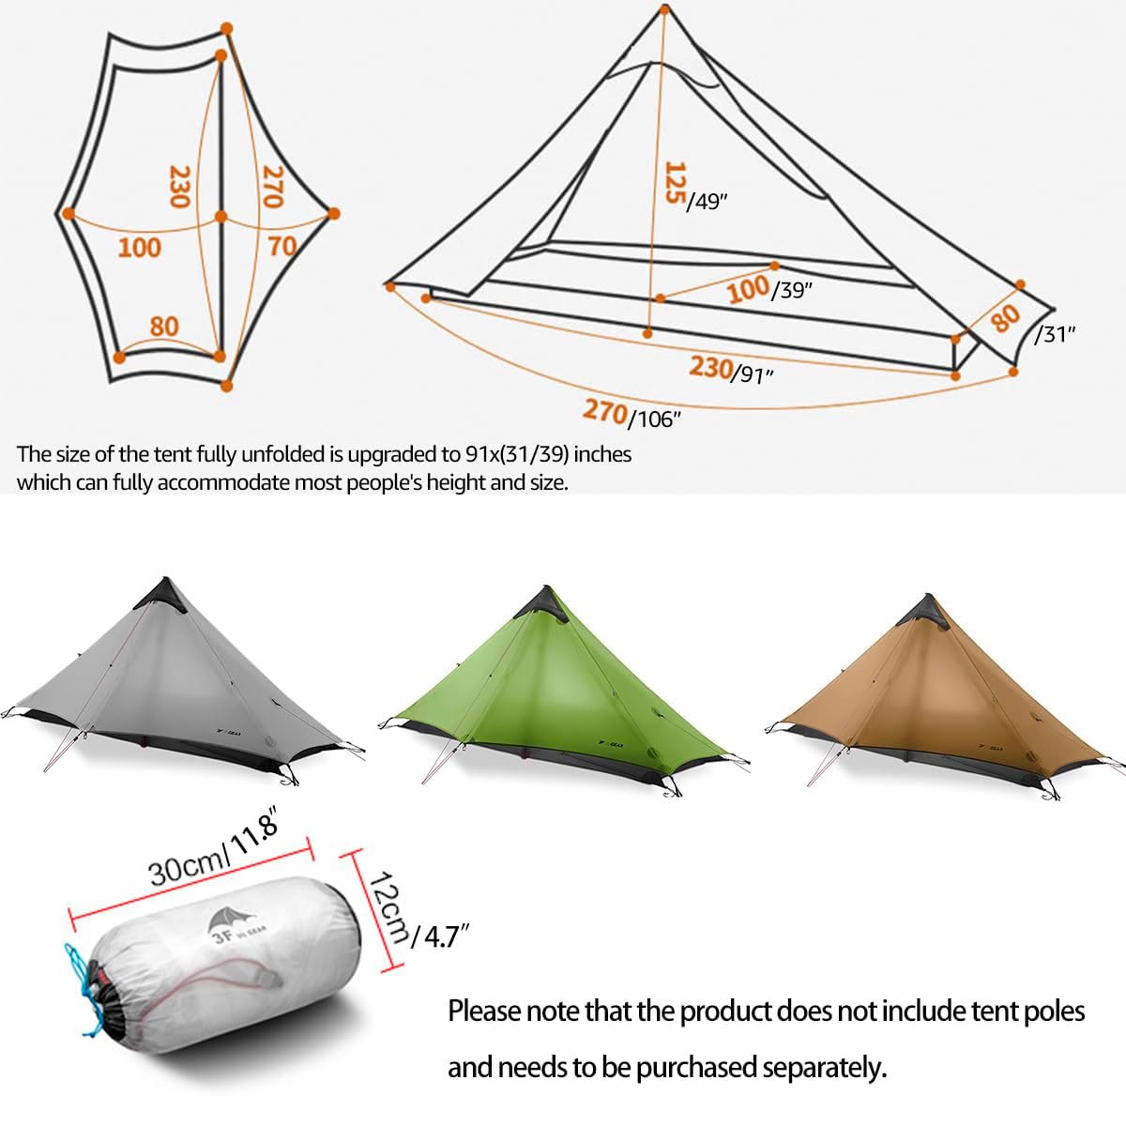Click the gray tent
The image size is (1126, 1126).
pos(175,684)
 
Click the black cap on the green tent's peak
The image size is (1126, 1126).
pos(542,605)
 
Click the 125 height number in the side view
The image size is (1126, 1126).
pos(675,182)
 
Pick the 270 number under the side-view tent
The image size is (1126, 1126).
pos(604,411)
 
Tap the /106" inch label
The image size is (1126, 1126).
pos(654,418)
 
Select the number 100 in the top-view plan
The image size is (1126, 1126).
pos(139,248)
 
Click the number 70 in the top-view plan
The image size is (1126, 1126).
pos(282,246)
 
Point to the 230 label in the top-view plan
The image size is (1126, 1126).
pos(179,187)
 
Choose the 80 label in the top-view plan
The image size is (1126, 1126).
pos(164,326)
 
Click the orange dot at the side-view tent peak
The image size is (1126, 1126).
pos(665,8)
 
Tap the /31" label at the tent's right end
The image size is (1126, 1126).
pos(1055,334)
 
